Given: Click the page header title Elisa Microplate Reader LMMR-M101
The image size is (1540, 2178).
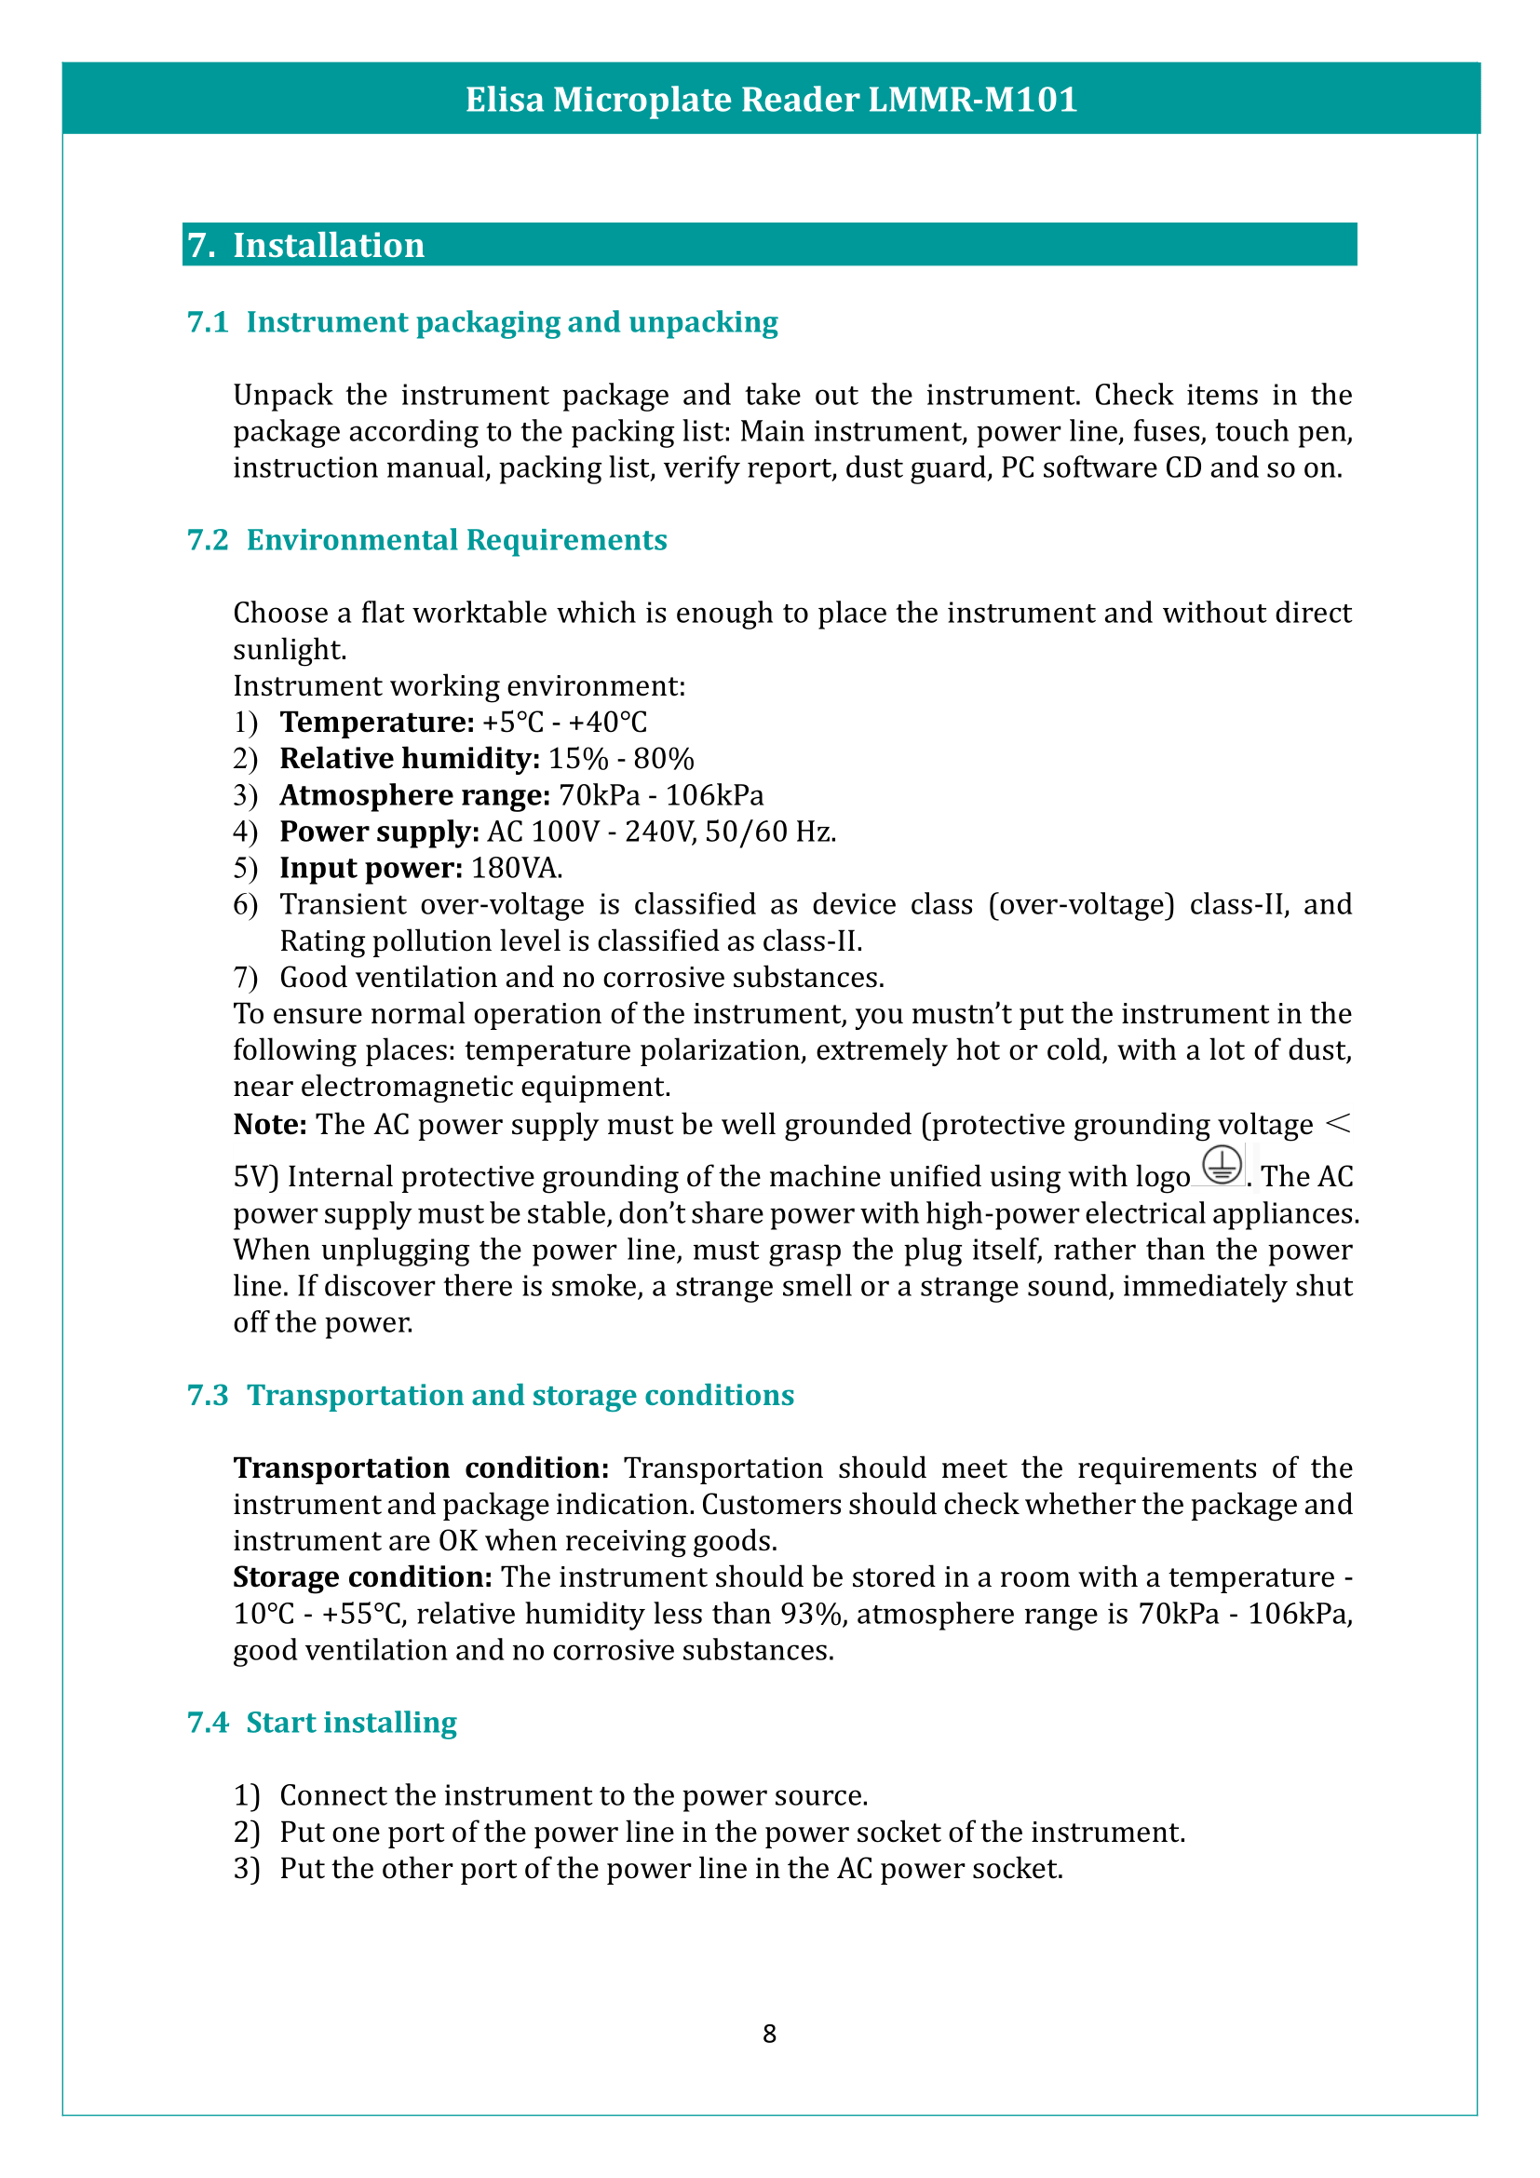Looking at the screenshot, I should (770, 100).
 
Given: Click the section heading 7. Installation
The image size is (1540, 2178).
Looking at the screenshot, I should (305, 246).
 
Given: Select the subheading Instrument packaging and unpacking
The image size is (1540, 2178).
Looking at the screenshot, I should (511, 322).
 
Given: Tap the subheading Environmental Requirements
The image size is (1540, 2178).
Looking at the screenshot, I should (456, 540).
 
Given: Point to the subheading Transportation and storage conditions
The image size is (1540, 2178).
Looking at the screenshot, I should (520, 1396).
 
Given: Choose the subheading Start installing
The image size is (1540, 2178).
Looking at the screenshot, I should (351, 1723).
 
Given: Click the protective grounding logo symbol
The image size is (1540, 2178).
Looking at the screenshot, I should (1222, 1164).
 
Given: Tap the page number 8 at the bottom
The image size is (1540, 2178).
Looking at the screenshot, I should (769, 2033).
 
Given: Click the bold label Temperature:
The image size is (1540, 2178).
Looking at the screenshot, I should (376, 723).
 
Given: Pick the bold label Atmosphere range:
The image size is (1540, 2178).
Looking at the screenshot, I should (414, 795).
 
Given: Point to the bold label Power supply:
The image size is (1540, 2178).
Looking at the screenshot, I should (379, 832).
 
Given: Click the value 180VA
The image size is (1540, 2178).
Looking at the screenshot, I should (517, 868).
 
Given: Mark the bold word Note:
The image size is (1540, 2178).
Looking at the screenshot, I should (269, 1125).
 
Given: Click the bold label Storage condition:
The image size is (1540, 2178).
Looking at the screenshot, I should (362, 1577).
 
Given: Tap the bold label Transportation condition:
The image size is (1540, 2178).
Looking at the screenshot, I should (421, 1468).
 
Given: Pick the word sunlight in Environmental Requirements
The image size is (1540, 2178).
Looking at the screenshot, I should (290, 650).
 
